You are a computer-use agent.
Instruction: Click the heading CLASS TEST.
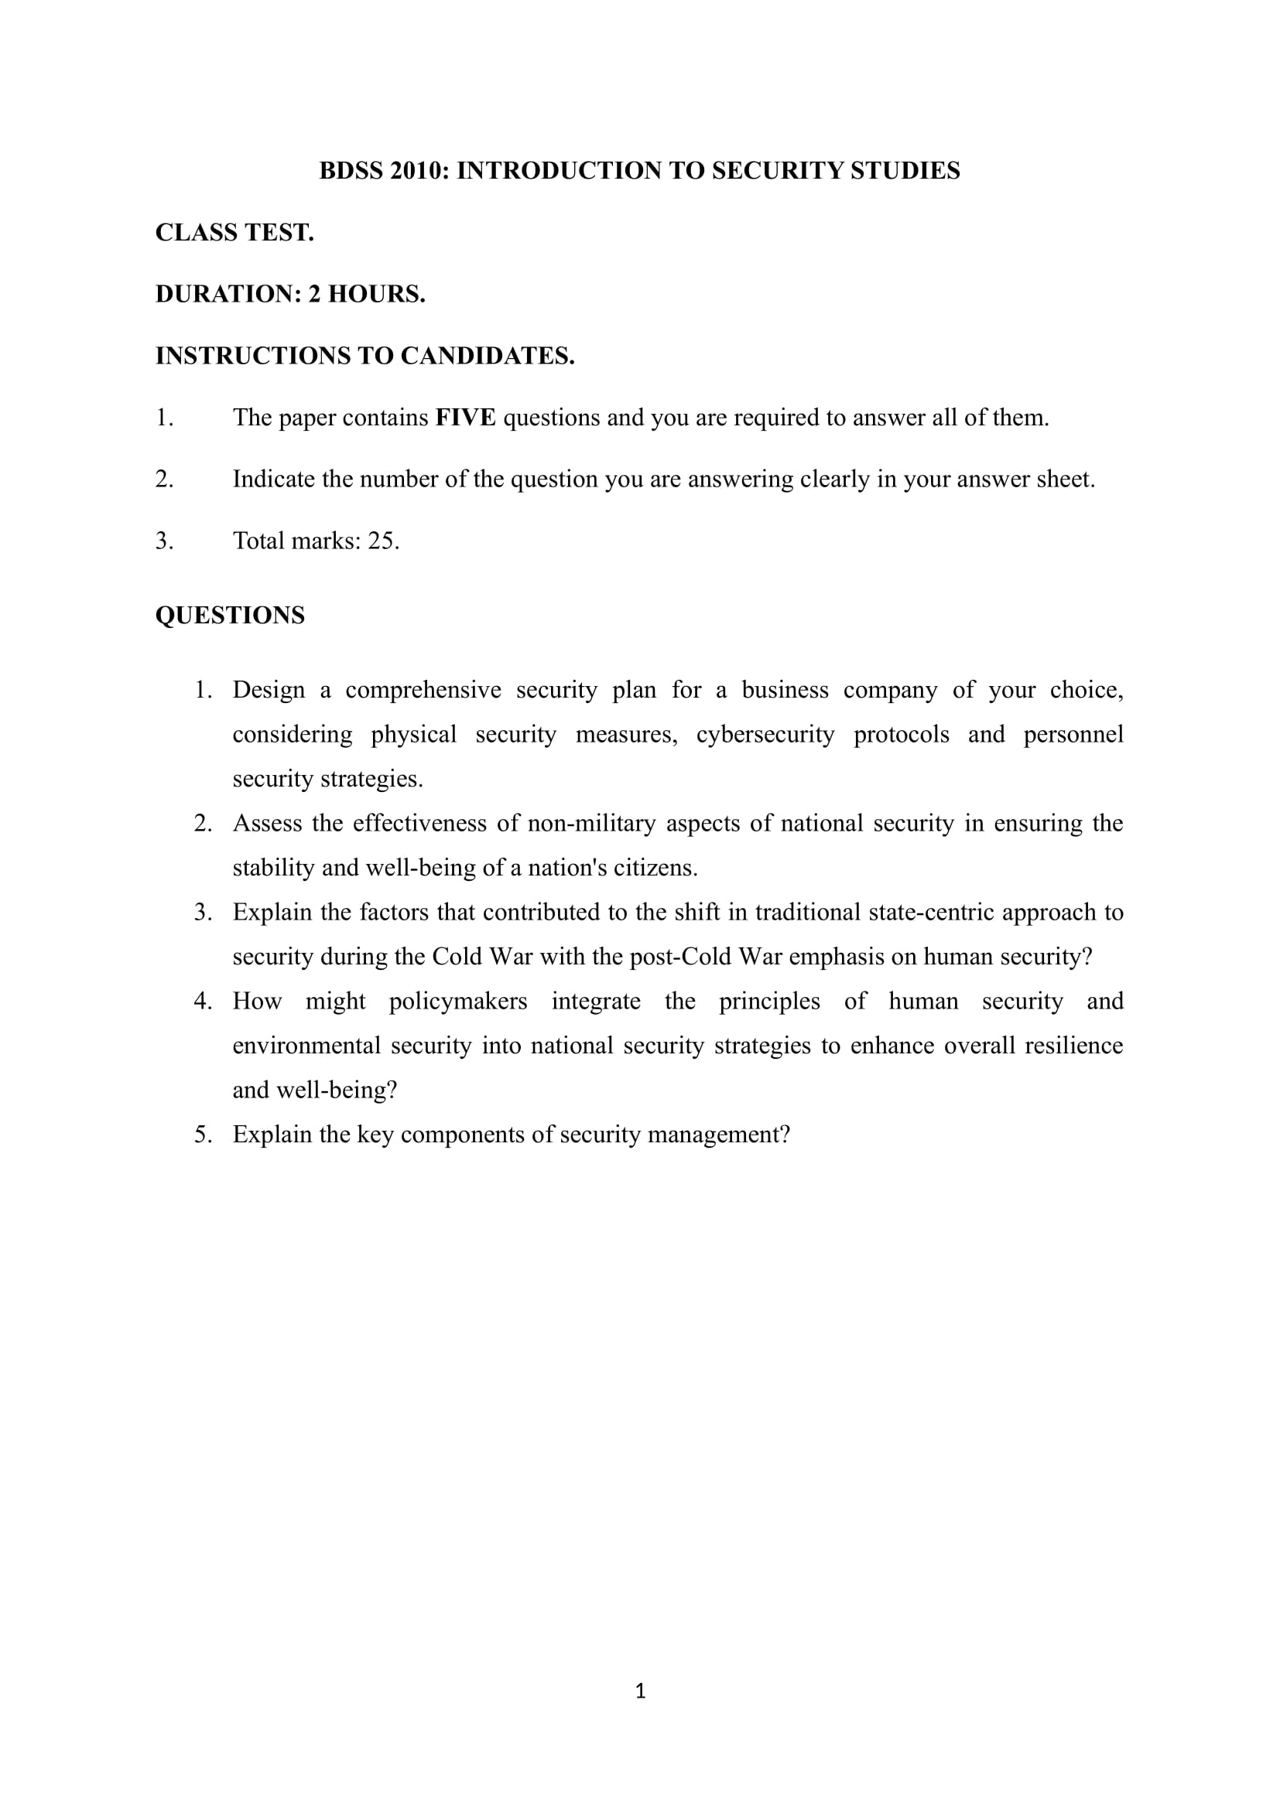(x=234, y=233)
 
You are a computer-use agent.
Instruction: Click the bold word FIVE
(x=465, y=418)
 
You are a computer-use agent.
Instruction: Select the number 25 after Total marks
(x=383, y=541)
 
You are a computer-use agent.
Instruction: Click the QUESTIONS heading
(x=229, y=616)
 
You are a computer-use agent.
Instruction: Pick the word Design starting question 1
(x=268, y=690)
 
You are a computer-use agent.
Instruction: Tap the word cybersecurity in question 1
(x=765, y=734)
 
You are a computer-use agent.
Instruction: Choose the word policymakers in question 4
(x=458, y=1002)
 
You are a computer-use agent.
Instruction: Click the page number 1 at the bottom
(x=640, y=1691)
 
